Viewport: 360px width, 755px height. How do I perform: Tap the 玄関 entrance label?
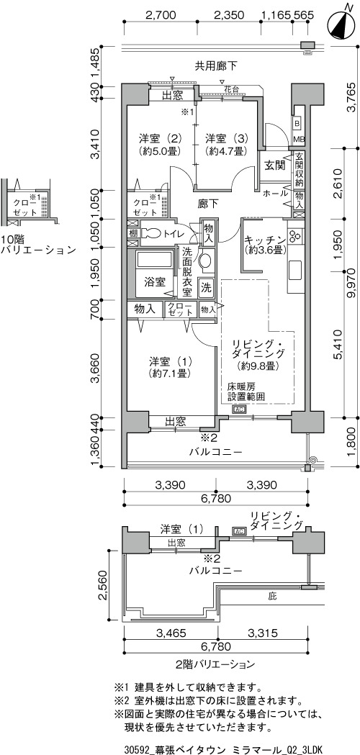tap(275, 166)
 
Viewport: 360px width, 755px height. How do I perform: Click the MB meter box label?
tap(299, 139)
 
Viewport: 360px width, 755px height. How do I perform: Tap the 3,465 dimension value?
tap(170, 632)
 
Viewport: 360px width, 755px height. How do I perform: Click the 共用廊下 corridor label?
tap(216, 66)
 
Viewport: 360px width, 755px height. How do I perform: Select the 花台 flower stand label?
tap(232, 89)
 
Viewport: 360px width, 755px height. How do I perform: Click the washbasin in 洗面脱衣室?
tap(206, 261)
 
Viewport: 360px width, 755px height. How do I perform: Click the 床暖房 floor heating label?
tap(241, 386)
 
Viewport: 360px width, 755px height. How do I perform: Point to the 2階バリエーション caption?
tap(215, 664)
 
